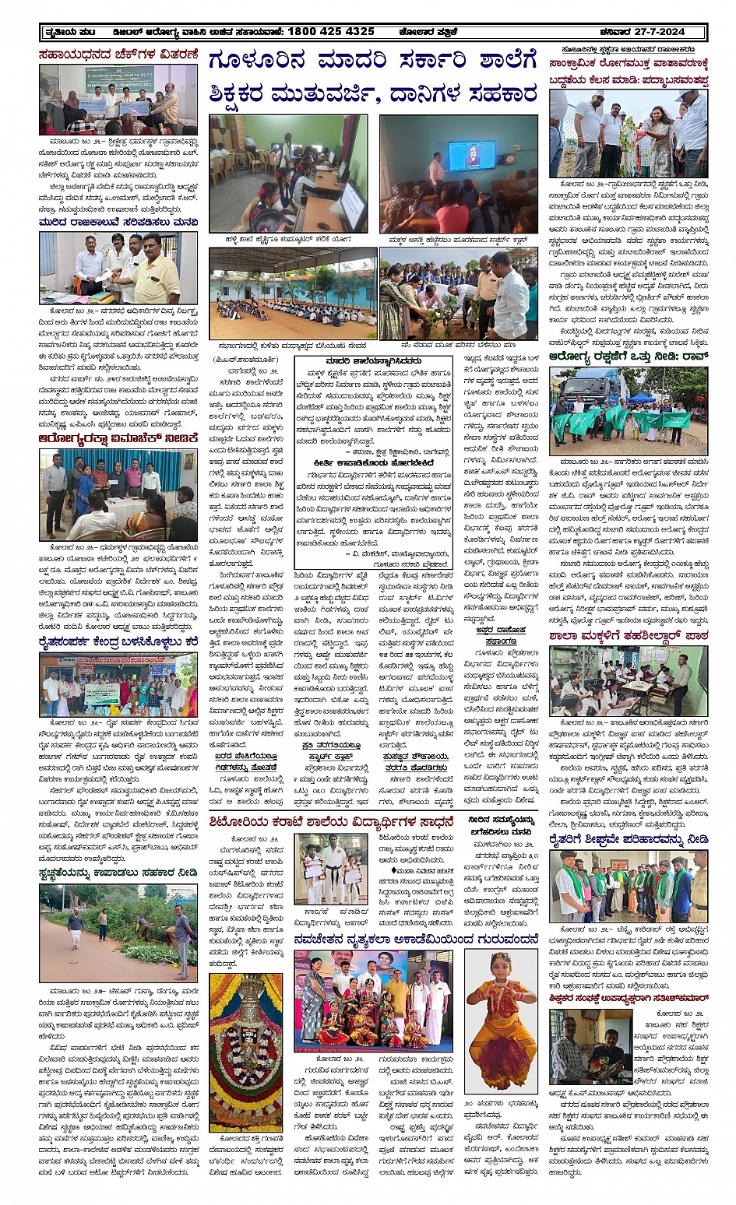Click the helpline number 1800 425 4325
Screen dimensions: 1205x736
(330, 31)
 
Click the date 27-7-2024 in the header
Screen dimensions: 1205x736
(667, 31)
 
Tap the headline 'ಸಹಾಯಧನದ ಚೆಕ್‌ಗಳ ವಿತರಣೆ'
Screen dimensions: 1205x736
(118, 54)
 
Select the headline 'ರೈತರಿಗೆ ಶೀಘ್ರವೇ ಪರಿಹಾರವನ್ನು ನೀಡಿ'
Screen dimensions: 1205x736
(628, 839)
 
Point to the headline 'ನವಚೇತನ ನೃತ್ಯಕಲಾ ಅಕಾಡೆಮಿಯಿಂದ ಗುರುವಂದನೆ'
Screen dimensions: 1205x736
(417, 940)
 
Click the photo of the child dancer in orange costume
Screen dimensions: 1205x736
(501, 1020)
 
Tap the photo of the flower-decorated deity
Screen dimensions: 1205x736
(246, 1051)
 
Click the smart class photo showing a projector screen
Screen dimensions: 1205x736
(458, 174)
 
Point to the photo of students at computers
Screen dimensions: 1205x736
(288, 174)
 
